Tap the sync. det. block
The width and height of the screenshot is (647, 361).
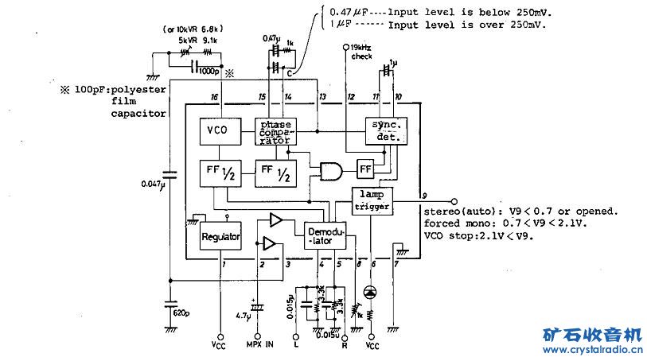pyautogui.click(x=385, y=131)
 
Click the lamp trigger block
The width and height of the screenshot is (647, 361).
pyautogui.click(x=372, y=200)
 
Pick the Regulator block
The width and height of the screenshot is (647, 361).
pyautogui.click(x=220, y=236)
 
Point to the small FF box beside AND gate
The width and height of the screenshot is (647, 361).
pyautogui.click(x=365, y=169)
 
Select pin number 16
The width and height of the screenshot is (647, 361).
pyautogui.click(x=214, y=98)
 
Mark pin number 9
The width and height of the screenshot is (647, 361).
pyautogui.click(x=425, y=195)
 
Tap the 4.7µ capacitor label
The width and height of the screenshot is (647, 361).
pyautogui.click(x=242, y=315)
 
